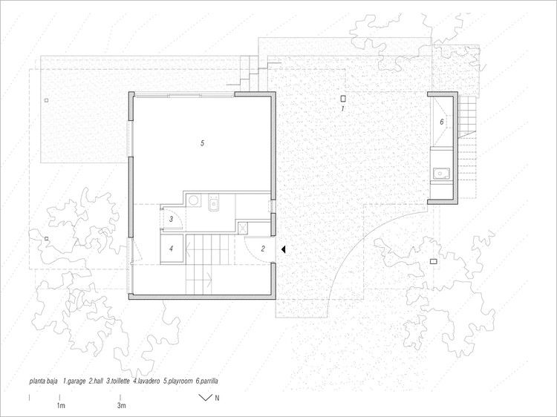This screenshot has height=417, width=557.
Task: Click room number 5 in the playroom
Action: coord(202,143)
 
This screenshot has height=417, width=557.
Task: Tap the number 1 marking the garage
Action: coord(343,108)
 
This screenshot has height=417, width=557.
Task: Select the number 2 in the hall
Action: coord(263,249)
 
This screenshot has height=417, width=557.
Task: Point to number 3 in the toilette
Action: coord(171,219)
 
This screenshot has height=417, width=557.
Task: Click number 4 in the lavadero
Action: coord(171,249)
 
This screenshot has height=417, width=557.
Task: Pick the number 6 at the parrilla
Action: coord(442,122)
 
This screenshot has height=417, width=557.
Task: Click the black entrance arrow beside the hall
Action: coord(283,249)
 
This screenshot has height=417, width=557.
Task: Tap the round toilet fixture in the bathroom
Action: coord(194,200)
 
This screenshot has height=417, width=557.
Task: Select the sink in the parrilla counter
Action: coord(441,174)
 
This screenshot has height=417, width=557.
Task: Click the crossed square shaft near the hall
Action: coord(243,229)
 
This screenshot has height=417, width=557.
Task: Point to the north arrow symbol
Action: coord(205,398)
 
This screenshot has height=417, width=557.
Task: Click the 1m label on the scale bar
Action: coord(61,405)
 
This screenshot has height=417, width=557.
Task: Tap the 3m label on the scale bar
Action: coord(122,405)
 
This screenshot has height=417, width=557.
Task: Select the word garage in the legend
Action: coord(76,381)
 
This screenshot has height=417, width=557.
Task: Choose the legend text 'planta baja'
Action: coord(43,381)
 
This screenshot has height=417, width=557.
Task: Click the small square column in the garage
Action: coord(343,98)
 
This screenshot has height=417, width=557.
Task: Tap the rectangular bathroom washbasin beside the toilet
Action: coord(213,203)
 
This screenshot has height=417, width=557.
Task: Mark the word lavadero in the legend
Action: coord(149,381)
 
